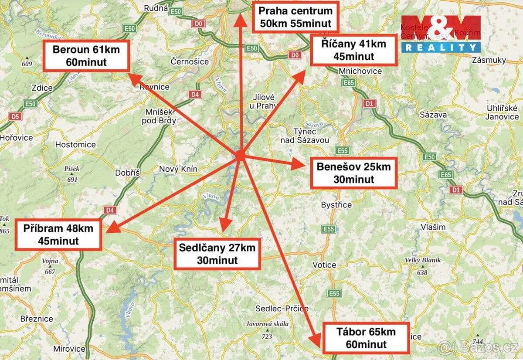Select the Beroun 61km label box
[x=86, y=55]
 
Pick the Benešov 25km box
[x=353, y=173]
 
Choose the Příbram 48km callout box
[x=58, y=234]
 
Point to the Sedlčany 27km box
[x=217, y=254]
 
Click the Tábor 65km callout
[x=366, y=338]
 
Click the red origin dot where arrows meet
[x=240, y=155]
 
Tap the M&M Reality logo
[x=441, y=34]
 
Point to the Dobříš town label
[x=127, y=173]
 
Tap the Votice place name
[x=324, y=265]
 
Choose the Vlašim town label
[x=433, y=227]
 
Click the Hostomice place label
[x=75, y=144]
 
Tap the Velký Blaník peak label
[x=422, y=260]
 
